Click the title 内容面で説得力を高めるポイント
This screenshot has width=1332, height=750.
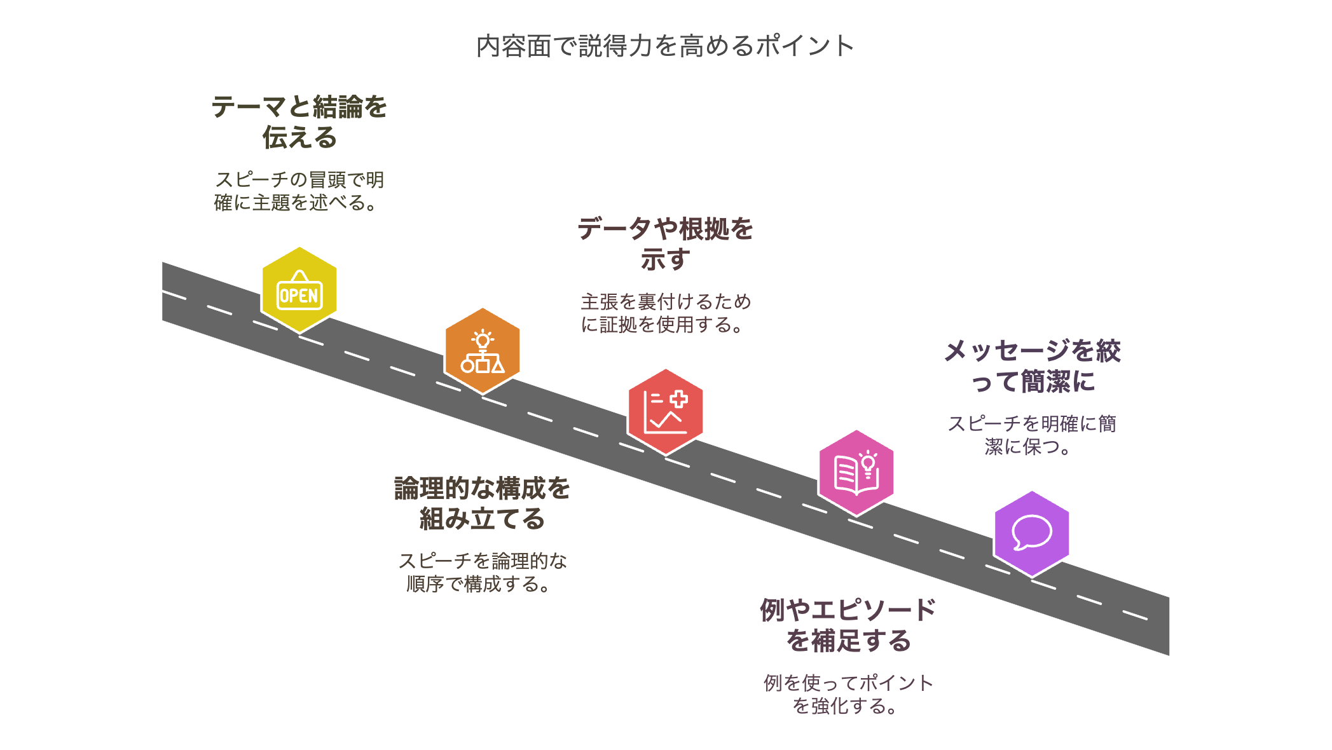tap(665, 46)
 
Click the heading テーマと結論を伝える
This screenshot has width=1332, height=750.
tap(299, 122)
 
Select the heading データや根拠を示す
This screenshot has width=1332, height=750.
tap(665, 244)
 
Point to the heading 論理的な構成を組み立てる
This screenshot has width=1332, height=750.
tap(482, 503)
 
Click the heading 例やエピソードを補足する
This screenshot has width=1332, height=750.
tap(848, 625)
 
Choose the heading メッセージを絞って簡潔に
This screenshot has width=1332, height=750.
tap(1031, 366)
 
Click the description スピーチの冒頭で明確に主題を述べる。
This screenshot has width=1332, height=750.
tap(299, 191)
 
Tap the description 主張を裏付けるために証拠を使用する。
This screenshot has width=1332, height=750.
tap(665, 313)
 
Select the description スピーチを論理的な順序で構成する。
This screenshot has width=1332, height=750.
tap(482, 573)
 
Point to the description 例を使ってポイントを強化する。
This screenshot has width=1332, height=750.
tap(848, 695)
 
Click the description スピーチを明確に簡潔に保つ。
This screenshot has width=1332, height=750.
tap(1031, 435)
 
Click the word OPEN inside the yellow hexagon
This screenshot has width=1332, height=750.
tap(299, 296)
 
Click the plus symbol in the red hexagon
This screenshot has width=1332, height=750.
tap(678, 399)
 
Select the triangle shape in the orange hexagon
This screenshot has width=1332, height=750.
tap(498, 365)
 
